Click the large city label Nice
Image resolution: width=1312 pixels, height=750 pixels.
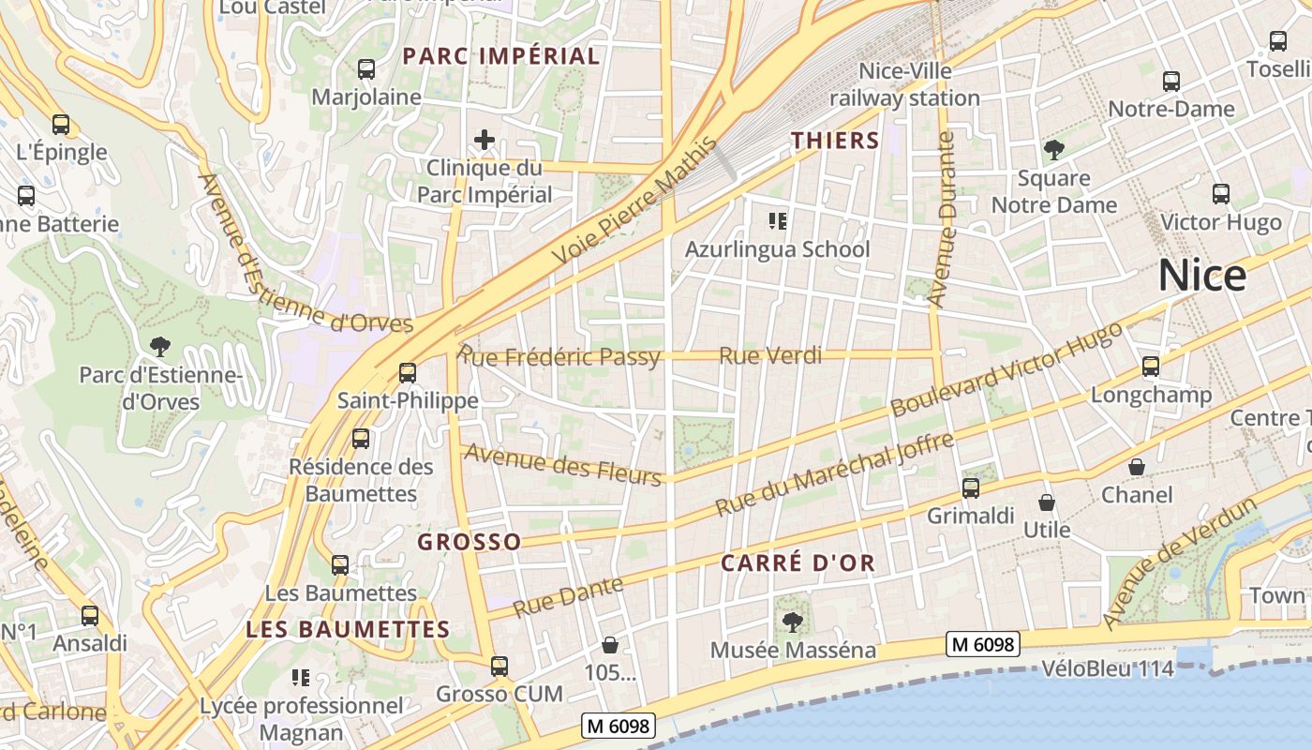click(x=1202, y=275)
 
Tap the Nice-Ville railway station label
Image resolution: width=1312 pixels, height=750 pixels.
click(x=904, y=84)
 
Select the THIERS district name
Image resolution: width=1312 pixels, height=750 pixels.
click(x=835, y=141)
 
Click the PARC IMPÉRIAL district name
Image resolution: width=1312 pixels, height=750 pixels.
click(x=501, y=56)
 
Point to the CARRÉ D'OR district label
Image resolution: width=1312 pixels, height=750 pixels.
click(x=798, y=562)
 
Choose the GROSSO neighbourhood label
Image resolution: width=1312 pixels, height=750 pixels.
click(x=469, y=542)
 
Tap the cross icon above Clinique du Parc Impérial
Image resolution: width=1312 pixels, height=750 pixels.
click(x=485, y=141)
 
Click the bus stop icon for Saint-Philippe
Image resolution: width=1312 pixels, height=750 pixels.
click(x=408, y=372)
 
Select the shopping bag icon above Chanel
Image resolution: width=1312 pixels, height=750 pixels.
click(x=1137, y=466)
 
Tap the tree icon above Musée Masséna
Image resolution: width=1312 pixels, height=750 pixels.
click(x=793, y=622)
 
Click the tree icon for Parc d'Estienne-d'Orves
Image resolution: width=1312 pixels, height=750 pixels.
click(x=160, y=346)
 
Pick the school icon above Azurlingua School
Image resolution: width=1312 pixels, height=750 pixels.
click(x=777, y=221)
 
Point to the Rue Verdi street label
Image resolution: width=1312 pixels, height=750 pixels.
click(x=770, y=355)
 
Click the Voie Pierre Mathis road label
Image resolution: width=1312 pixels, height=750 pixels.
click(x=634, y=202)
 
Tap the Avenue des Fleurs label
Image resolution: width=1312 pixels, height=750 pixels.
click(x=563, y=464)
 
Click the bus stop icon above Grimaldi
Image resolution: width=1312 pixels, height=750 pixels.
click(x=971, y=487)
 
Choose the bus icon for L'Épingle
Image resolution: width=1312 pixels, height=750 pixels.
click(x=61, y=124)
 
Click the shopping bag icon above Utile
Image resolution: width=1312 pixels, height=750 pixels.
click(x=1047, y=502)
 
